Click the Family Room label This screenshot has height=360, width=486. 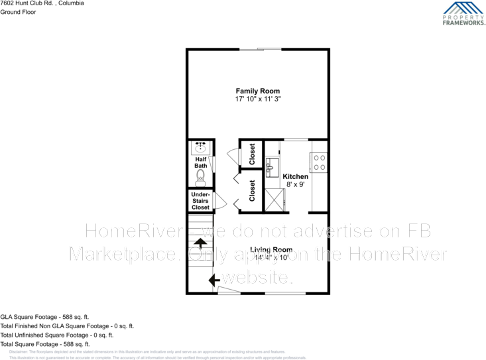[x=257, y=91]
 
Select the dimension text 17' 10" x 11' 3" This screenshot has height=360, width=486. [x=257, y=99]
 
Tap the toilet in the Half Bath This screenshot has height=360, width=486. [x=200, y=177]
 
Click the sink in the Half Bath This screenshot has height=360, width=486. [x=200, y=148]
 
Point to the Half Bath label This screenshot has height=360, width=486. [x=200, y=162]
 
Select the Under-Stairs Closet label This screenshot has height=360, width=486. [x=200, y=201]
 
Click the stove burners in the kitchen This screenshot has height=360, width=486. [x=318, y=162]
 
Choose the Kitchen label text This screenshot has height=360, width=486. [x=295, y=177]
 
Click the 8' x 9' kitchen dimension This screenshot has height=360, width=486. [x=295, y=185]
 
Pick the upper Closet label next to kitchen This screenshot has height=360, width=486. [x=252, y=154]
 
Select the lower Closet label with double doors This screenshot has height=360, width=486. [x=252, y=191]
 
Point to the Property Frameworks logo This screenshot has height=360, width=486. [x=463, y=13]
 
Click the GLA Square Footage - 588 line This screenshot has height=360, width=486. [x=45, y=317]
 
